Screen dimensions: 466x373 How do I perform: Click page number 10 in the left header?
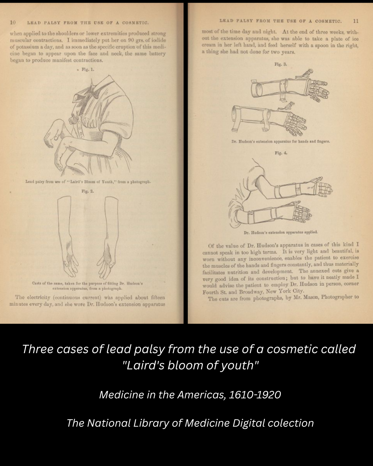13,22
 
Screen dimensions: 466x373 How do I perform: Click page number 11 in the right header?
356,21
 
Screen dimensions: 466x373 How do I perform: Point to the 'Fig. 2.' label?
87,191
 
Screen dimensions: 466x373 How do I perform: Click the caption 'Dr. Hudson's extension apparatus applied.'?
280,232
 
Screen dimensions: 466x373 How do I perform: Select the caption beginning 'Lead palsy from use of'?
88,182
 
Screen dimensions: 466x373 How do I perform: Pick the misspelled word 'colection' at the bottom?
291,423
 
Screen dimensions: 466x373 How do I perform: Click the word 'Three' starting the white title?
37,349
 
